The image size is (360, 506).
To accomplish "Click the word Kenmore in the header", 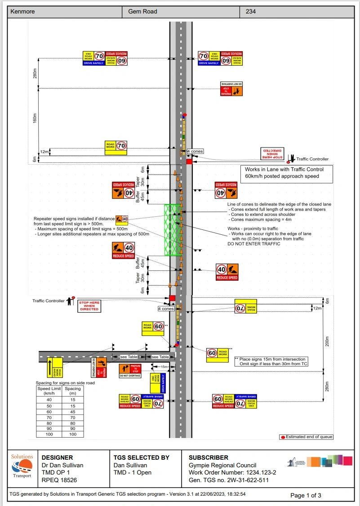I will [23, 11].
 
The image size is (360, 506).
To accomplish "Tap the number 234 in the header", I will [251, 11].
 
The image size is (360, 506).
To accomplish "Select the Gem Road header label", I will [142, 11].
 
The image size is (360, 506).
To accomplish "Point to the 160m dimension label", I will [35, 118].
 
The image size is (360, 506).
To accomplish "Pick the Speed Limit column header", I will [49, 390].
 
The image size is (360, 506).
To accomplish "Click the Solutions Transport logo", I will [22, 466].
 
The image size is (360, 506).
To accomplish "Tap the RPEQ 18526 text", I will [59, 480].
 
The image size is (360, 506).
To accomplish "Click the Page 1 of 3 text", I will [306, 495].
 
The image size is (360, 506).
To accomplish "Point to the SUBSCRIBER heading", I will [208, 457].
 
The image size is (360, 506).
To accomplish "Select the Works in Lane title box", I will [288, 173].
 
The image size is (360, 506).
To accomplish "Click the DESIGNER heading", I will [57, 457].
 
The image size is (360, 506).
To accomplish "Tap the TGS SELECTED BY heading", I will [141, 457].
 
